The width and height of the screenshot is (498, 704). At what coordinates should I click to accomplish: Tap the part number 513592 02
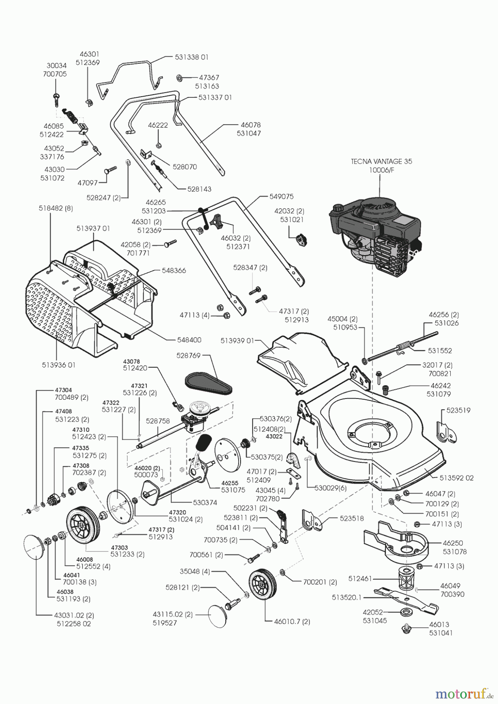tap(456, 478)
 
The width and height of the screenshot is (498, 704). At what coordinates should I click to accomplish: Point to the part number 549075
tap(281, 196)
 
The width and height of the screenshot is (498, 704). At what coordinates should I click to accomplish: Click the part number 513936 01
tap(58, 365)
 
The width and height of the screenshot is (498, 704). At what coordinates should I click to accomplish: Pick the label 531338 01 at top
tap(192, 57)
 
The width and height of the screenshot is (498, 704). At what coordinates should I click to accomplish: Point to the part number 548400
tap(189, 340)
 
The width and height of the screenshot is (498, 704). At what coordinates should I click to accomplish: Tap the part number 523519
tap(458, 410)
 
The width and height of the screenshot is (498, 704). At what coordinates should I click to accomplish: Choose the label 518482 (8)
tap(56, 209)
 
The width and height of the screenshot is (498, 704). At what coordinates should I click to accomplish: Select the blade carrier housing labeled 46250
tap(395, 541)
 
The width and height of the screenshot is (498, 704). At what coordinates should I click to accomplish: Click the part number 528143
tap(199, 189)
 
